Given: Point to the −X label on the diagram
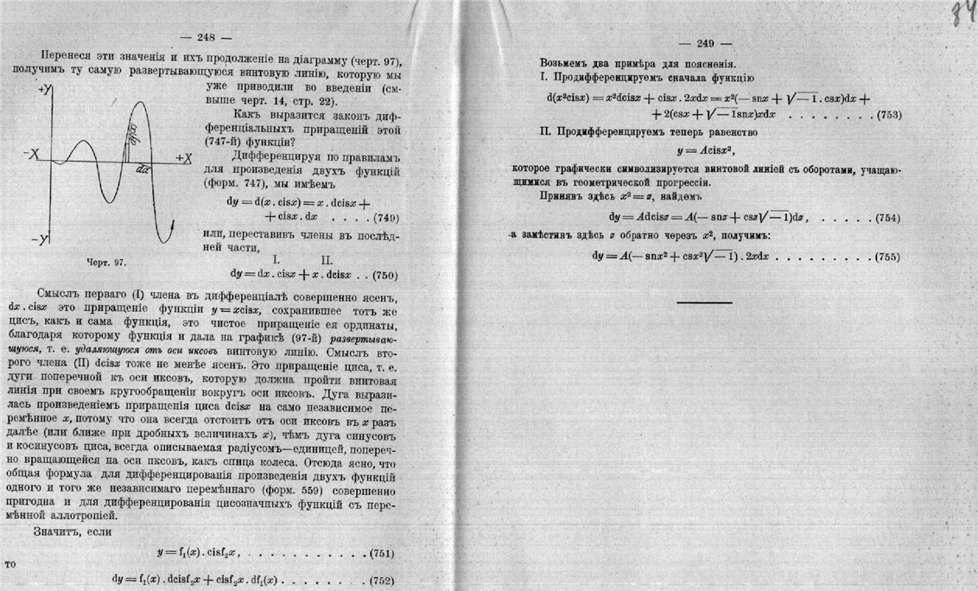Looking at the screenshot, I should (31, 155).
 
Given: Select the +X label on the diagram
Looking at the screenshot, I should (183, 158).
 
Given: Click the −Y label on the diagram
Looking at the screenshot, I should (35, 238).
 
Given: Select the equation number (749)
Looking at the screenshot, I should (380, 218).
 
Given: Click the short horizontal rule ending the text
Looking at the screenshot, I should (704, 302).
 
